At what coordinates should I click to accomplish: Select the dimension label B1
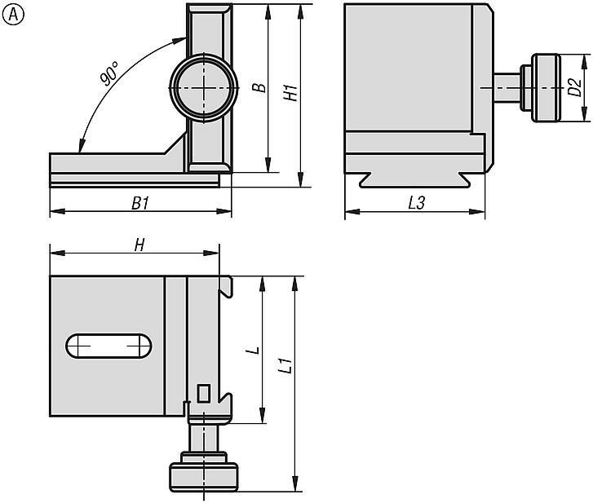140,203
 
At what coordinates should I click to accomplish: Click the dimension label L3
416,204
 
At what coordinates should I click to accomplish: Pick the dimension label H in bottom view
139,245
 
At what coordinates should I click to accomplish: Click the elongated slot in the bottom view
109,346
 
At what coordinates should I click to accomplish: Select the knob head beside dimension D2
546,88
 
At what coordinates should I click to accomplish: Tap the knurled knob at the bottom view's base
203,476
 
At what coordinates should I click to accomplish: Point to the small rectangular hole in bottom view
204,394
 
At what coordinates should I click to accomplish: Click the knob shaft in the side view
511,87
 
